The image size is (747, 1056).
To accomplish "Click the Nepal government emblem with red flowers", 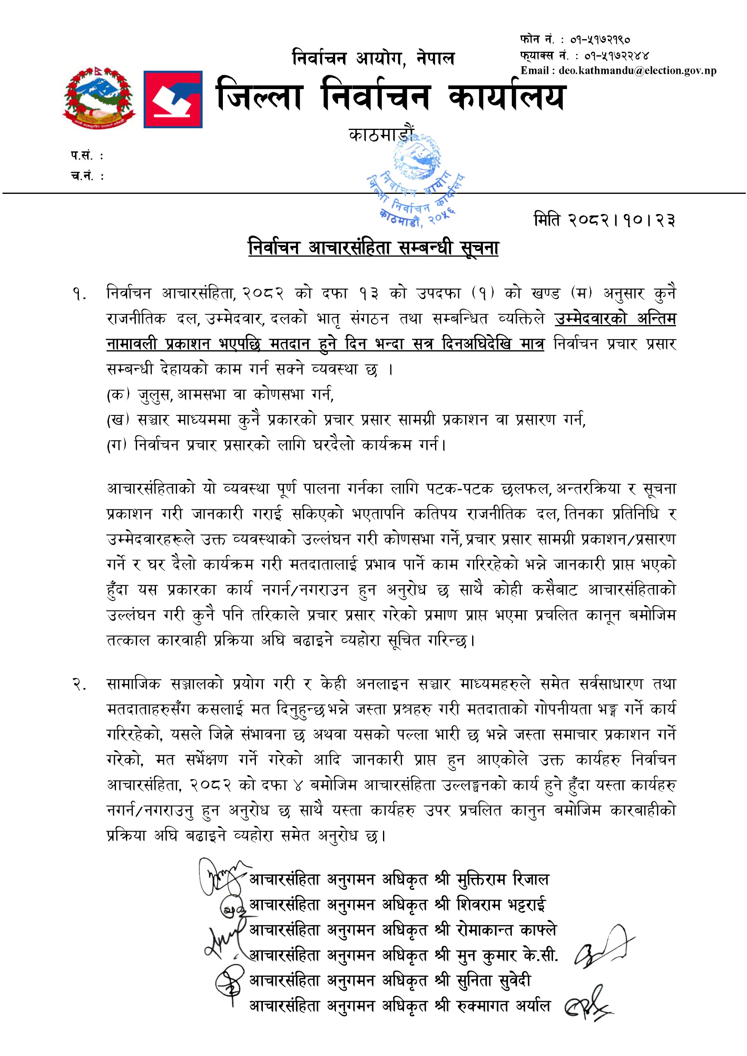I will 99,97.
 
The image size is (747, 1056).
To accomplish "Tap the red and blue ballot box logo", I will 173,99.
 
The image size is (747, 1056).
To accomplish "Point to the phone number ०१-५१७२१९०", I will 600,40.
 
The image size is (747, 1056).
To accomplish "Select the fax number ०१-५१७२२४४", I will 617,56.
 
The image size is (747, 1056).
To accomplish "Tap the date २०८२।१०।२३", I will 604,220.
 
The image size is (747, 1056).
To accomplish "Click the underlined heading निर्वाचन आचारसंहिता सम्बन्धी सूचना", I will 373,248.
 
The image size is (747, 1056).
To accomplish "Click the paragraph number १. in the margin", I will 79,294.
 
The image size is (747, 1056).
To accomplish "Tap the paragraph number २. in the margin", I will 79,684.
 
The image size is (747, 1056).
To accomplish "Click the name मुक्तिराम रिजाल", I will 503,879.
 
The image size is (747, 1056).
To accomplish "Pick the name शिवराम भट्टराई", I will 501,905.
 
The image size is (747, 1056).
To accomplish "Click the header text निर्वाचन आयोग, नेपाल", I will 373,59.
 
